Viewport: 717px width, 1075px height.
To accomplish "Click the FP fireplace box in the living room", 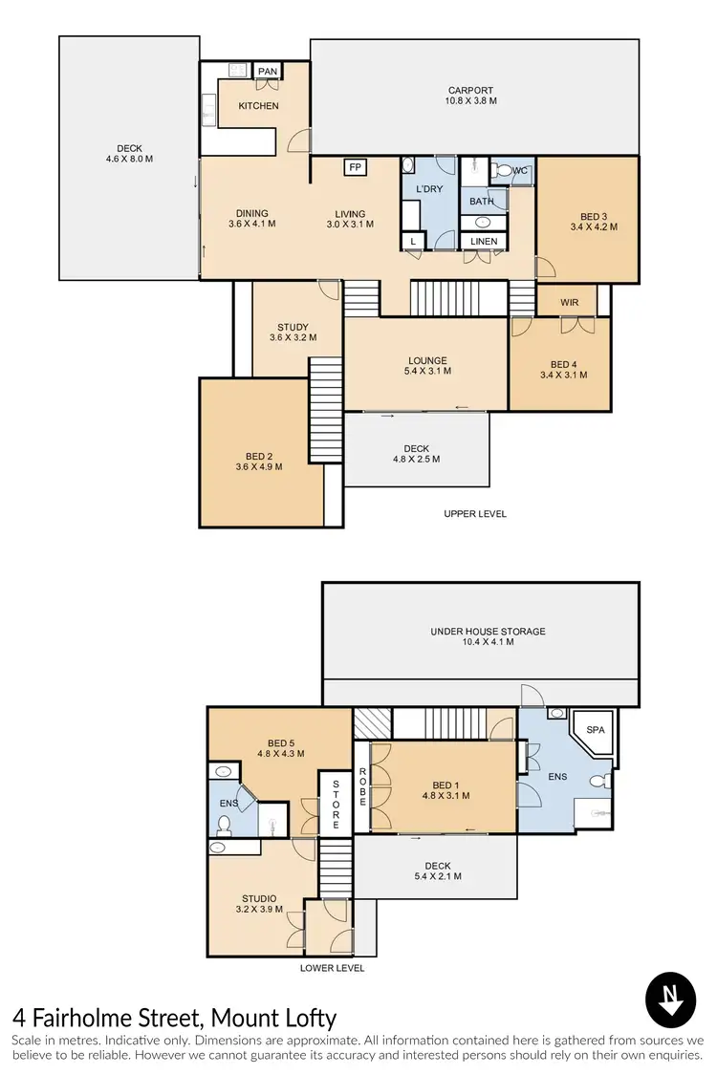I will [x=356, y=168].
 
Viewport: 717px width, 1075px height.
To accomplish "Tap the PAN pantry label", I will [x=268, y=72].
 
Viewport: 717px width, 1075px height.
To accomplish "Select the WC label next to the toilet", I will [x=520, y=171].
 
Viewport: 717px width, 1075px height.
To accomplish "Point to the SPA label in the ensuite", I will [x=596, y=729].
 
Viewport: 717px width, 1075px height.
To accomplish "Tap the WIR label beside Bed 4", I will [x=570, y=302].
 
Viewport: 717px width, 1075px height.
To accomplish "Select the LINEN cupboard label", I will [x=484, y=242].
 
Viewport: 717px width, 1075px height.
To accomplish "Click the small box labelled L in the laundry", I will [x=413, y=241].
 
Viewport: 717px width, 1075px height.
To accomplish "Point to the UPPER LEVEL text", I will [x=475, y=514].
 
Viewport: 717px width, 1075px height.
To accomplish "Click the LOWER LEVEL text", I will [x=332, y=968].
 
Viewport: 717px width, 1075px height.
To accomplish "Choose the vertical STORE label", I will [x=336, y=803].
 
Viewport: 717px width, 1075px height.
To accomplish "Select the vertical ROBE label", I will [x=362, y=787].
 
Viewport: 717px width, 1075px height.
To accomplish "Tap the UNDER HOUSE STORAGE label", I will [x=488, y=636].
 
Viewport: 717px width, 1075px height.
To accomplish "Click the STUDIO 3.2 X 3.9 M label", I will [x=259, y=904].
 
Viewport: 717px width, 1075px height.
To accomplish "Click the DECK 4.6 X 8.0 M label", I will [x=129, y=153].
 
